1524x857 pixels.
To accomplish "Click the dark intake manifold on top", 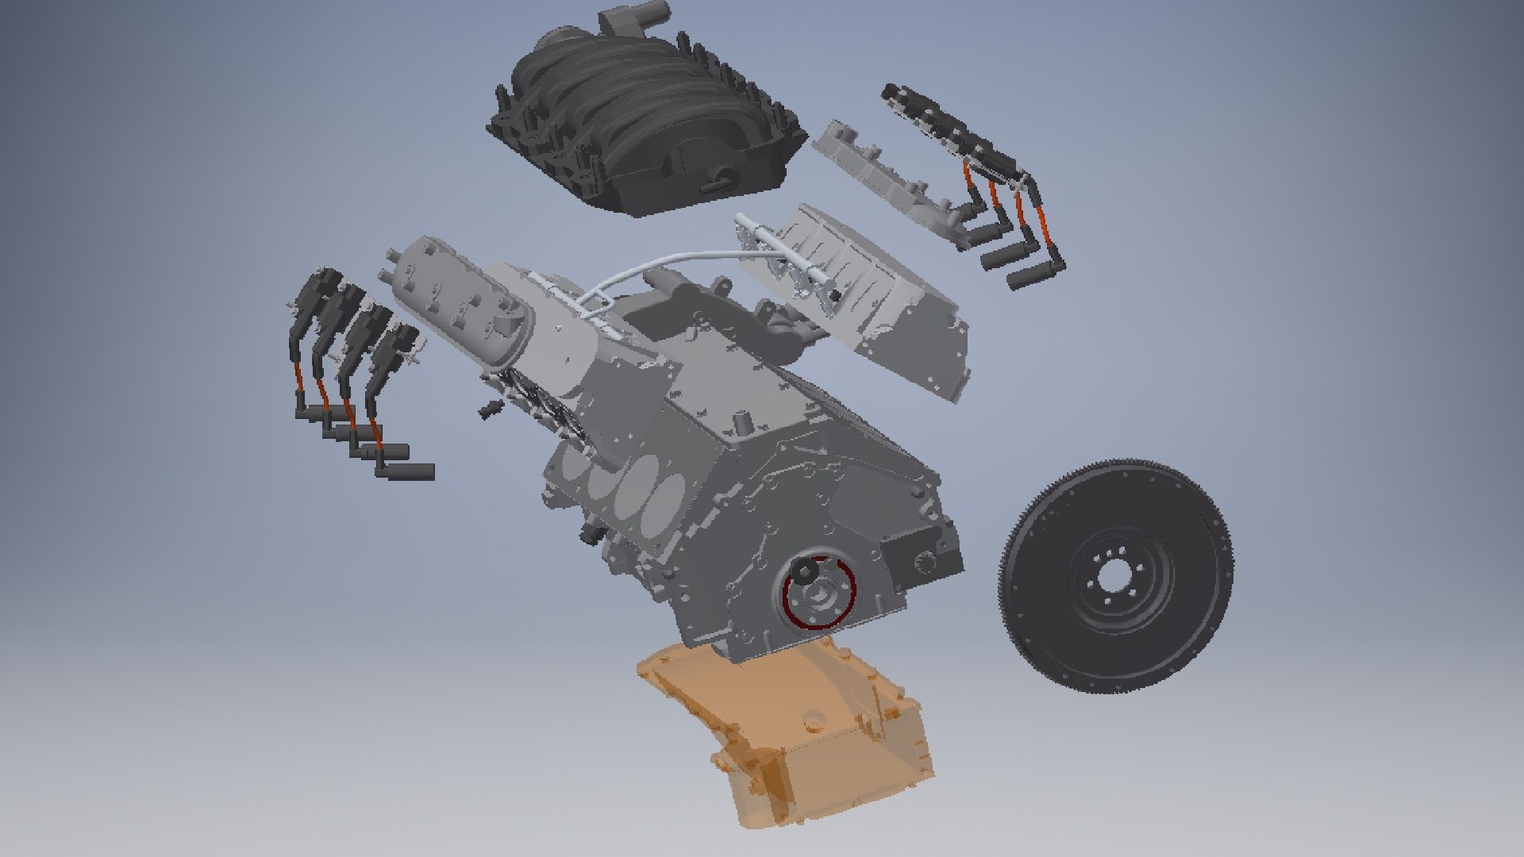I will point(635,119).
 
